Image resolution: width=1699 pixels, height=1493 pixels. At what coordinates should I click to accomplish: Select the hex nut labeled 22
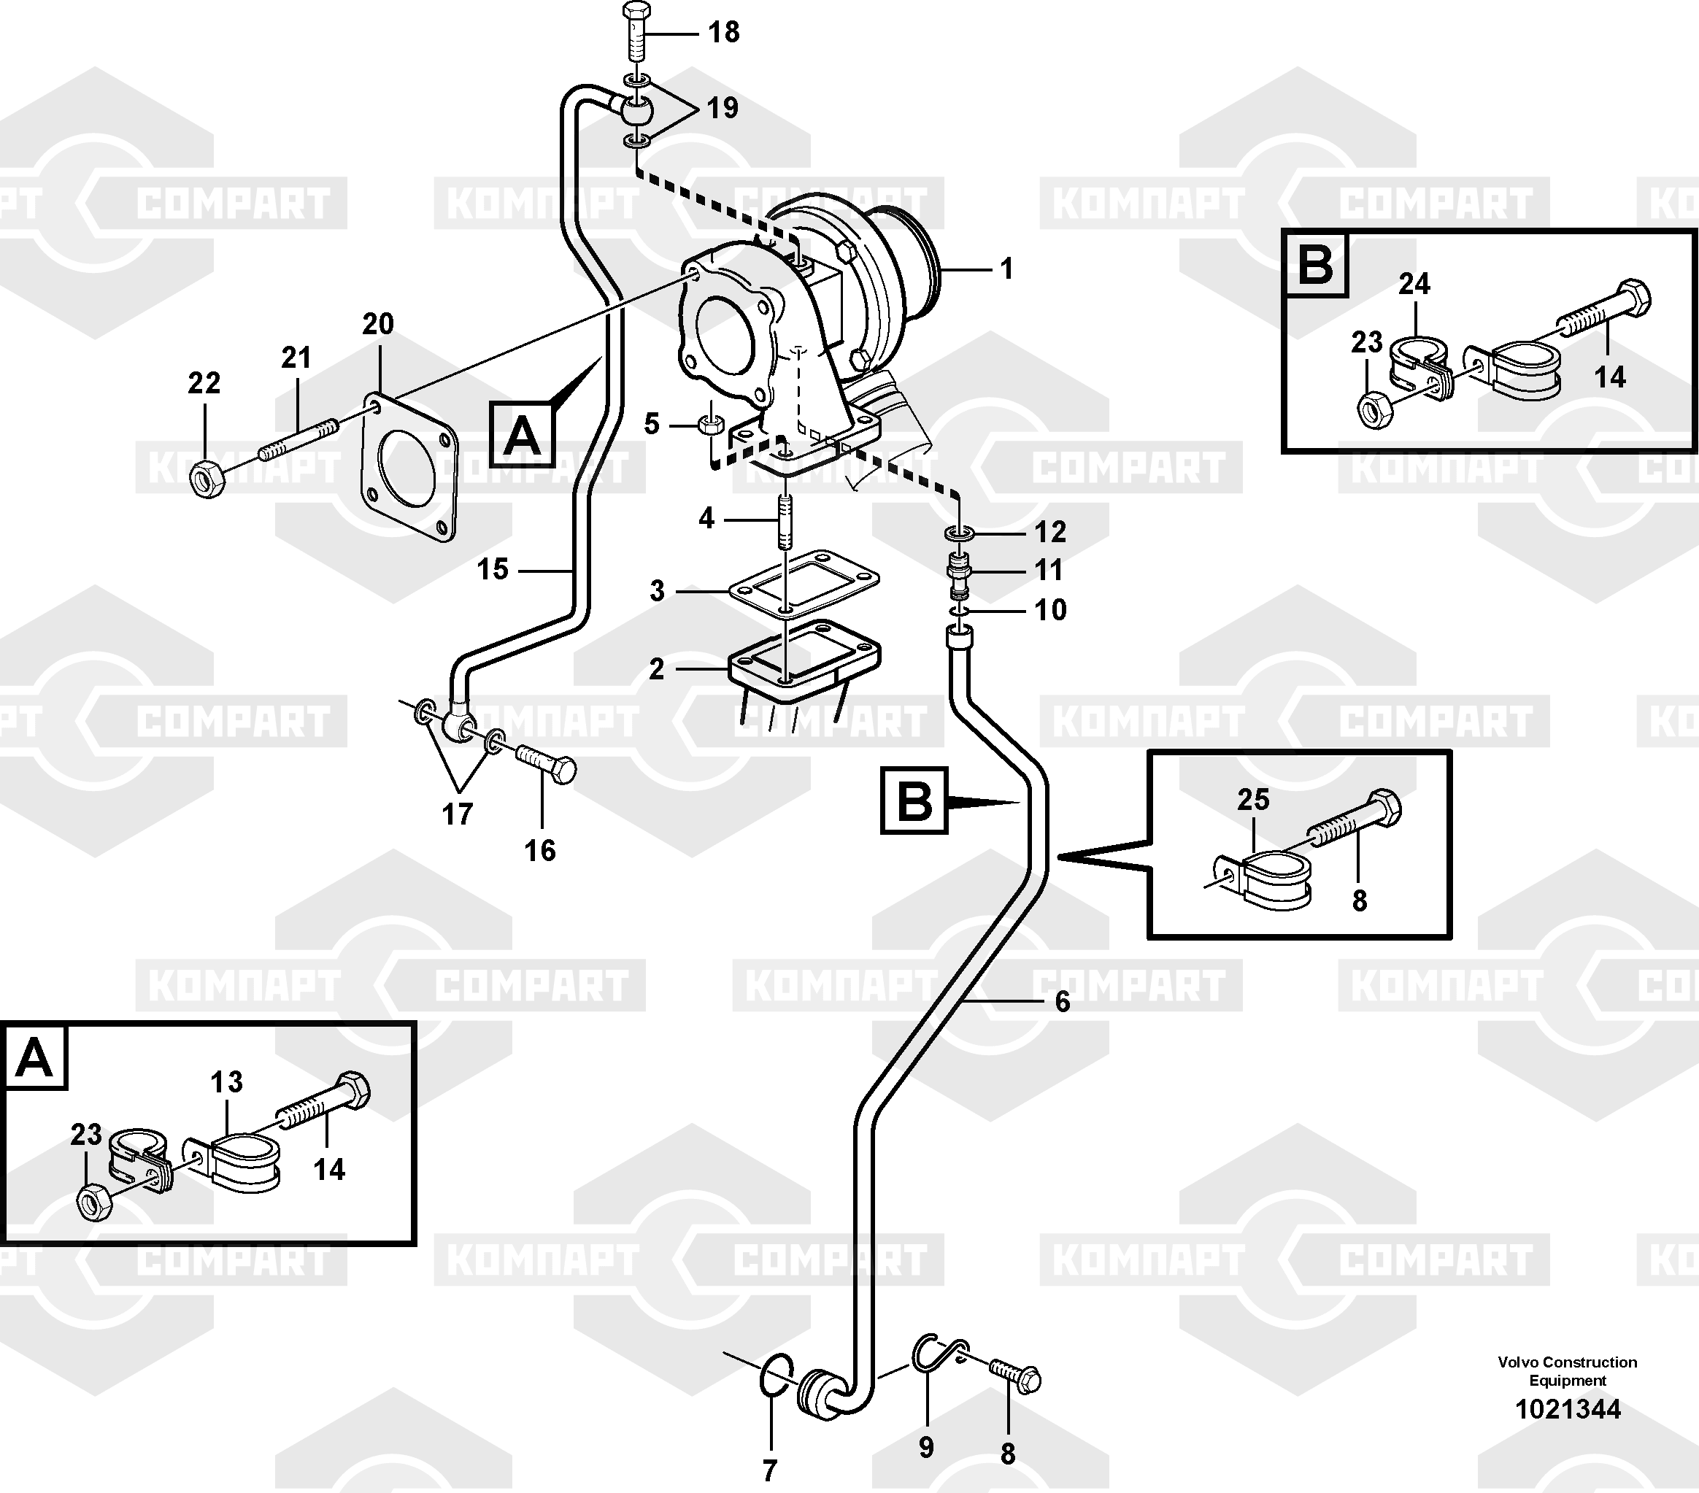[205, 478]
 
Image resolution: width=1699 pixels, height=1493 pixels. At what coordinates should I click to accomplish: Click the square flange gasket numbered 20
[409, 469]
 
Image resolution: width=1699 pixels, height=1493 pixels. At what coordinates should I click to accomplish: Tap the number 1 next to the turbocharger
[1006, 269]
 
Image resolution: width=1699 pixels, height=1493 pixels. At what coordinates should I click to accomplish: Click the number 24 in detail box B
[1414, 285]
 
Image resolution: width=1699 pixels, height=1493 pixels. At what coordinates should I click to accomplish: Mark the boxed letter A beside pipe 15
[521, 435]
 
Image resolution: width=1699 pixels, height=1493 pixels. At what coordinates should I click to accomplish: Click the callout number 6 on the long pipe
[1063, 1002]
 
